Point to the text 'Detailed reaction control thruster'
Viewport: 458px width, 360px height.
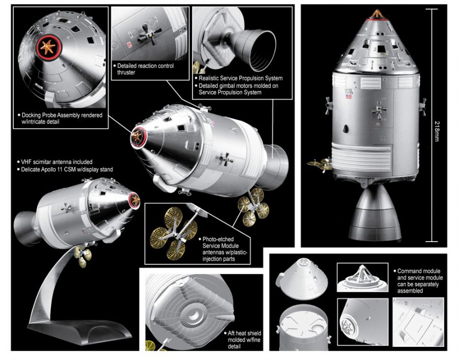[x=145, y=69]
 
